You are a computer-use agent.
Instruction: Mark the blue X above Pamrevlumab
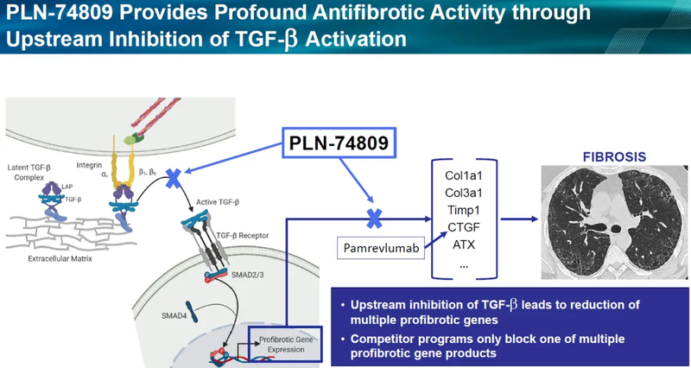(374, 216)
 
